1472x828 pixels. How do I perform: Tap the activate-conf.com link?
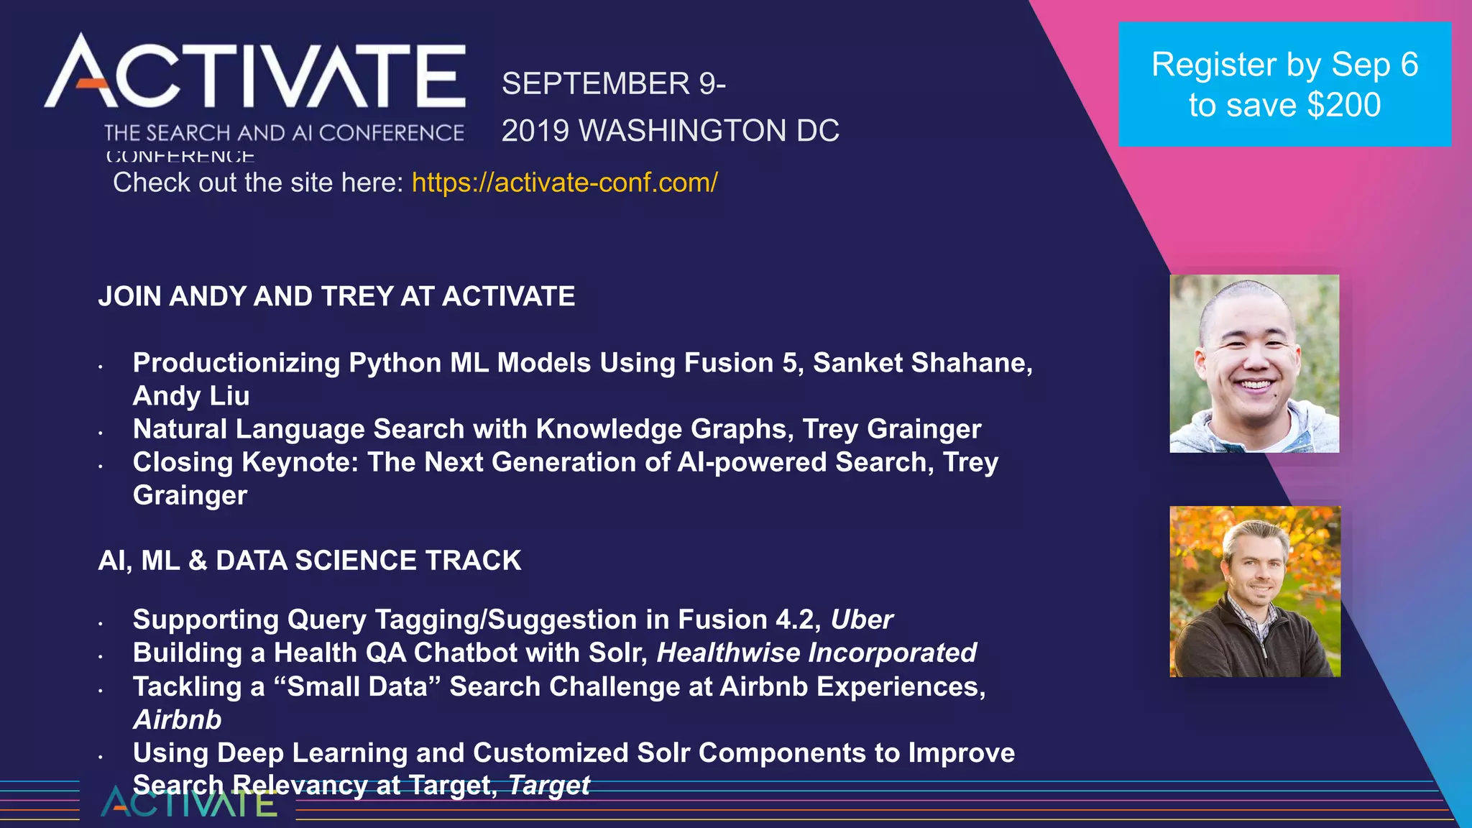tap(564, 183)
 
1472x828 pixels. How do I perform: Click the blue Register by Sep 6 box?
tap(1284, 84)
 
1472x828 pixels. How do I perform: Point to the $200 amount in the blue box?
tap(1343, 105)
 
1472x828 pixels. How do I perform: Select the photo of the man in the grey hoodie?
tap(1254, 364)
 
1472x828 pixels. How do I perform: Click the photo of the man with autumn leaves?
tap(1255, 592)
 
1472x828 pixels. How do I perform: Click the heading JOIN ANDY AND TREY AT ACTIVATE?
tap(336, 296)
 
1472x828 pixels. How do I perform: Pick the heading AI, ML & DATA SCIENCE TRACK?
tap(310, 561)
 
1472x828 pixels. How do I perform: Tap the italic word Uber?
tap(861, 620)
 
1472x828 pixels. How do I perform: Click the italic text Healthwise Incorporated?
tap(816, 653)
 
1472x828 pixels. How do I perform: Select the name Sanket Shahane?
tap(922, 363)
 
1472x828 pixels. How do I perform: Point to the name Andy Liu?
tap(191, 396)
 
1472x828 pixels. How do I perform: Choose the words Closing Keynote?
tap(245, 462)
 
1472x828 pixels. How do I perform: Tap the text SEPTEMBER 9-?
tap(614, 83)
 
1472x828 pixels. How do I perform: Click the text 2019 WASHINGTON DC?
tap(670, 131)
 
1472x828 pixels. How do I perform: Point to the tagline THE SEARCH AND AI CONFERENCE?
tap(284, 133)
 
